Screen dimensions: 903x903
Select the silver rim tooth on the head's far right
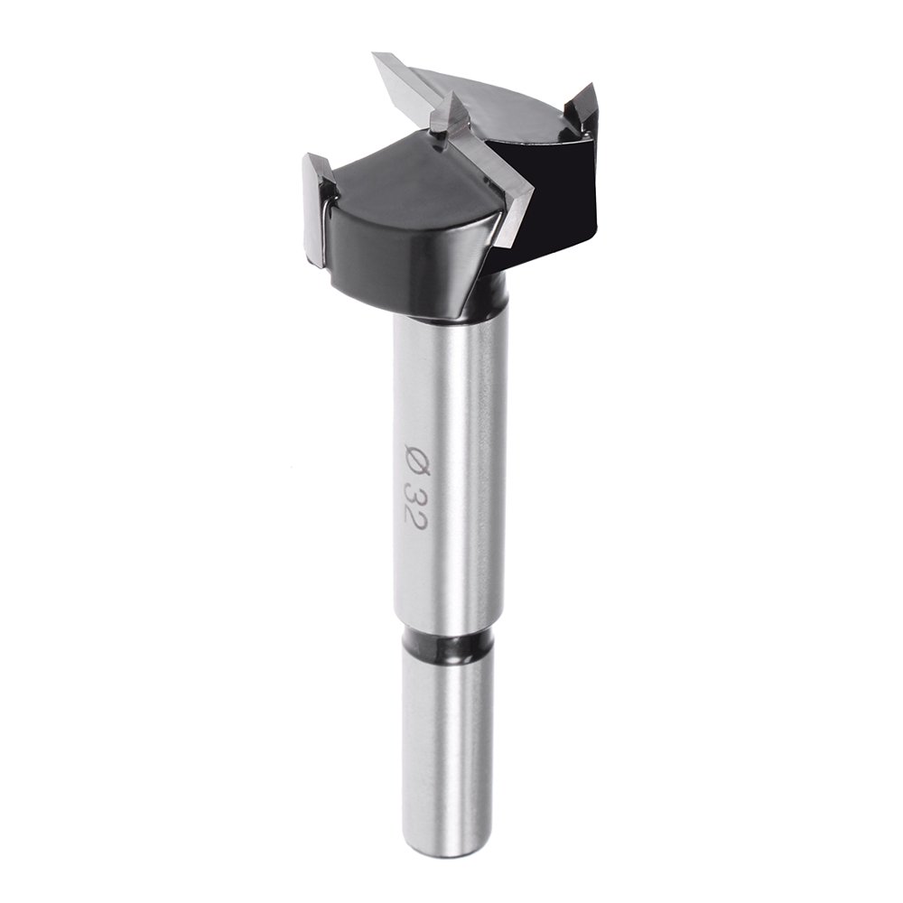580,105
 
